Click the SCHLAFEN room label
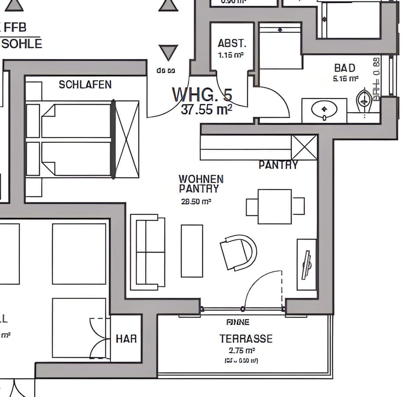pos(85,85)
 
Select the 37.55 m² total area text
pos(206,110)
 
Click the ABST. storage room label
pos(232,44)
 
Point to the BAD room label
pos(344,68)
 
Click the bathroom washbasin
pos(324,110)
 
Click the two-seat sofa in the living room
pos(148,252)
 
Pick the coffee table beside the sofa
pos(192,251)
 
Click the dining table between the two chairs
pos(275,206)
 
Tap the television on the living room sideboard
pos(307,265)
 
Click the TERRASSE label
pos(246,338)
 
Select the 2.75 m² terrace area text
pos(241,351)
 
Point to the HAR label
pos(126,338)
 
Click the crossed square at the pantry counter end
pos(304,147)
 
